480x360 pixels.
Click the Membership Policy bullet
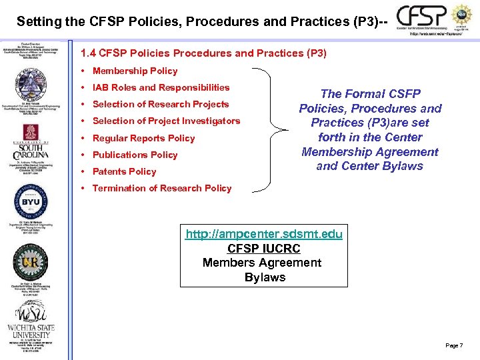135,71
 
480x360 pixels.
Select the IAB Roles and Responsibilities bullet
161,87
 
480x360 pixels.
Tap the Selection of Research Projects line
160,104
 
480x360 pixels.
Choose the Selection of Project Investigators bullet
166,121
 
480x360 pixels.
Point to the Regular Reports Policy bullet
143,138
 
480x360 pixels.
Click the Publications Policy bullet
135,155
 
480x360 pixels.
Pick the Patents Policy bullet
124,171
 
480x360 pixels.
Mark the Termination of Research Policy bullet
162,188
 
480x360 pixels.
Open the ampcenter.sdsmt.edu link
264,234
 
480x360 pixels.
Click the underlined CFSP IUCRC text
264,248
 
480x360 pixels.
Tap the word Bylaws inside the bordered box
265,277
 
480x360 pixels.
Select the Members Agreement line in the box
262,263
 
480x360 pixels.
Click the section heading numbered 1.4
203,53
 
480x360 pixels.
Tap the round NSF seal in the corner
461,15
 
